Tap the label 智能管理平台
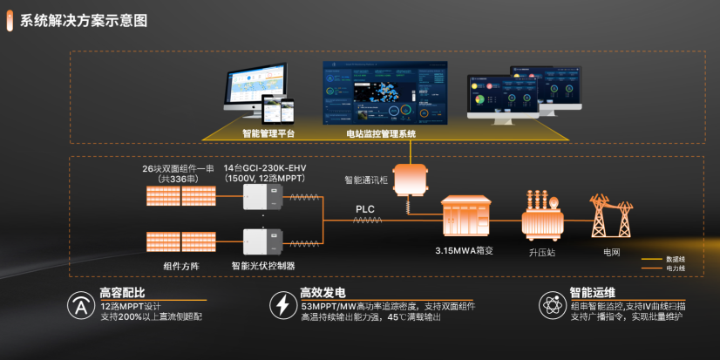click(x=268, y=134)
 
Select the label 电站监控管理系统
click(x=375, y=134)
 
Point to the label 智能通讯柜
click(x=364, y=180)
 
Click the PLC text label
click(x=365, y=209)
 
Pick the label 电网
click(x=613, y=252)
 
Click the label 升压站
click(x=540, y=252)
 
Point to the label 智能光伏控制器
click(x=262, y=265)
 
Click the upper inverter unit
click(x=262, y=196)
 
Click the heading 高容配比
click(x=122, y=292)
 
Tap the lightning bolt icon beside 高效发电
click(x=282, y=305)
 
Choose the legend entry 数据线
click(x=676, y=259)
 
